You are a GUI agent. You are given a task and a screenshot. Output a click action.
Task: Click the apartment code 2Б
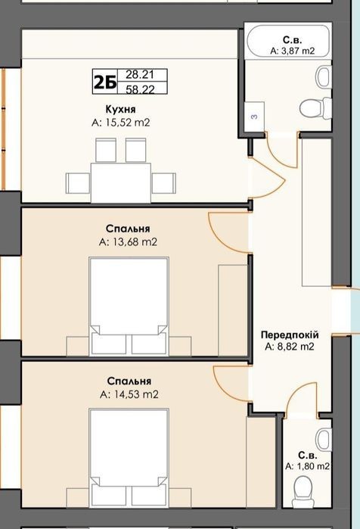click(x=105, y=82)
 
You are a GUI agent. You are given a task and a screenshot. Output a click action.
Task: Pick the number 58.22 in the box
click(x=140, y=89)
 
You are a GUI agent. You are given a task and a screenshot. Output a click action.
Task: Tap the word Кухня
click(x=121, y=109)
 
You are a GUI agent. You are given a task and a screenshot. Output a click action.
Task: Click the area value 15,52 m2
click(x=121, y=123)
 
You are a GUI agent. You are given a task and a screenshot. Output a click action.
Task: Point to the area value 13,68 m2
click(x=128, y=242)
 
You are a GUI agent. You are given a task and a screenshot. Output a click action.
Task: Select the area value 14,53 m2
click(x=129, y=394)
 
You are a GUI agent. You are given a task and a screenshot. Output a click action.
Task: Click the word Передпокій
click(x=290, y=335)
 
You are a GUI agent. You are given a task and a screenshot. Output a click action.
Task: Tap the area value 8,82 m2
click(x=290, y=347)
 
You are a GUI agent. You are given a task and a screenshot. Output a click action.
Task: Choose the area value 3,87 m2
click(x=292, y=51)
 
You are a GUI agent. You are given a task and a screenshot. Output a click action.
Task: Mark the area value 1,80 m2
click(x=307, y=466)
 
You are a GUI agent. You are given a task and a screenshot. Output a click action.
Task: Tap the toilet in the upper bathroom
click(x=315, y=108)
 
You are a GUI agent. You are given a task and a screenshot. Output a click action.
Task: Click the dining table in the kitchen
click(x=121, y=183)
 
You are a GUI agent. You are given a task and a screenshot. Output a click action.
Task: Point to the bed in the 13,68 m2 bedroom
click(x=129, y=307)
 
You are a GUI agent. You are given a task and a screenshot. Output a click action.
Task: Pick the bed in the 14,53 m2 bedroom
click(x=129, y=457)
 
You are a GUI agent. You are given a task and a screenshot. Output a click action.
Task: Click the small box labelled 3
click(x=254, y=117)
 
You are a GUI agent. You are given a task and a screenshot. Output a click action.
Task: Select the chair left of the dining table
click(x=78, y=183)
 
